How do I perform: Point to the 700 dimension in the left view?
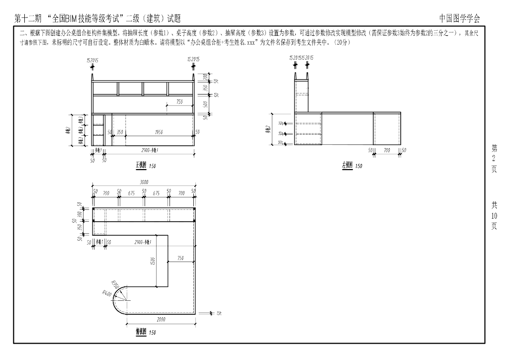coord(387,150)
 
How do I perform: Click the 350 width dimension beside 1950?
coord(120,132)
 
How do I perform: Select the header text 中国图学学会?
coord(460,18)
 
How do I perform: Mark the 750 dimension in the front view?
coord(179,101)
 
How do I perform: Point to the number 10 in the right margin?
coord(494,216)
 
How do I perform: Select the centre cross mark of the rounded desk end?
coord(127,300)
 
